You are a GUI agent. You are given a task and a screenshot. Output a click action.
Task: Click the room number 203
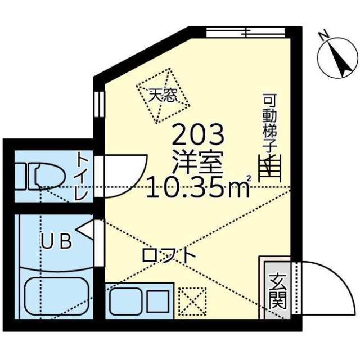click(198, 135)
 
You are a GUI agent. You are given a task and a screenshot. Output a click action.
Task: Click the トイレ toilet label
click(81, 176)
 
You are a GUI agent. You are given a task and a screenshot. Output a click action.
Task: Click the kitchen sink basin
click(127, 303)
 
